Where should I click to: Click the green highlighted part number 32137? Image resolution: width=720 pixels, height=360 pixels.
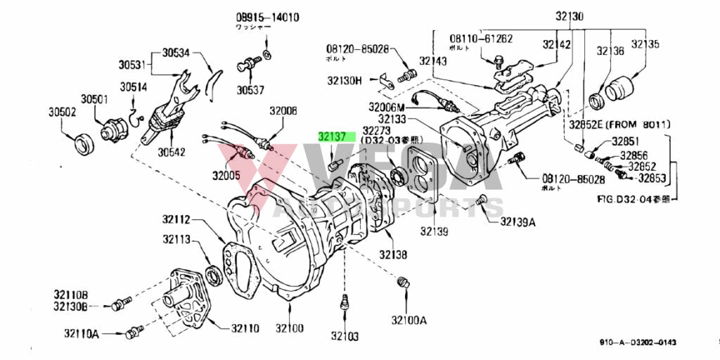[332, 137]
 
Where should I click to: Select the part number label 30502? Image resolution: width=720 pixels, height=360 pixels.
[62, 112]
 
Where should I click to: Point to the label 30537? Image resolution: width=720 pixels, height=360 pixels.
[250, 90]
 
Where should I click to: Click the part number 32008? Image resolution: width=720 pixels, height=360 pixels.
[283, 111]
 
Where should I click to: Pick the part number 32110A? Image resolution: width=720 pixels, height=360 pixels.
[82, 333]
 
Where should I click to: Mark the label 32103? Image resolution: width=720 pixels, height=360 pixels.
[345, 337]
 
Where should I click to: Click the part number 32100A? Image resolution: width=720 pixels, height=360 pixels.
[409, 321]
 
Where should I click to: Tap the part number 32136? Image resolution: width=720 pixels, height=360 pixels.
[610, 51]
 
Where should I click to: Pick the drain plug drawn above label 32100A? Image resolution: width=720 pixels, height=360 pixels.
[403, 283]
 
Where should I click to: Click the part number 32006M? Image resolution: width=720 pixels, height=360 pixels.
[387, 107]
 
